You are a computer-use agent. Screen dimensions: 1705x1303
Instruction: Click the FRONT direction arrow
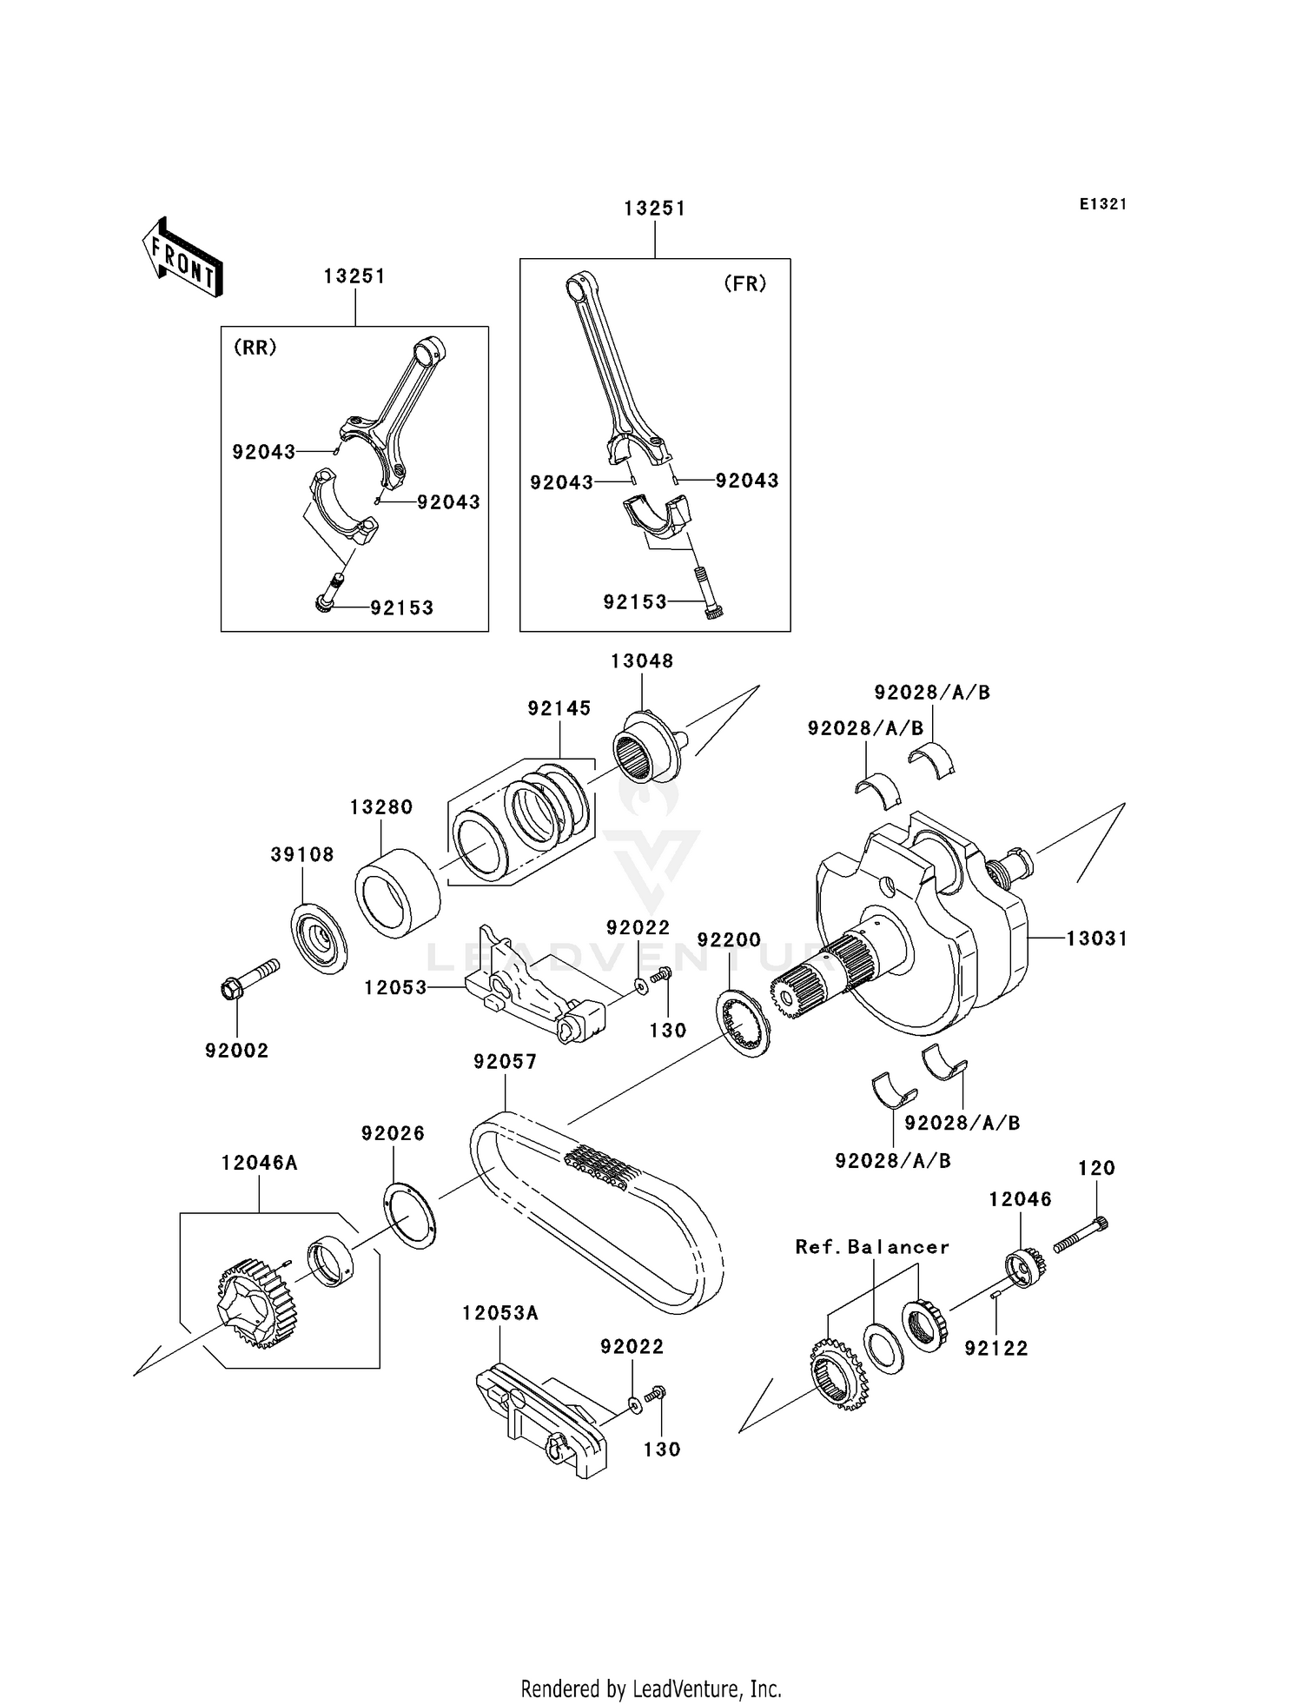click(182, 259)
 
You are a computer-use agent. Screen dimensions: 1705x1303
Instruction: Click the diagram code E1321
click(1102, 204)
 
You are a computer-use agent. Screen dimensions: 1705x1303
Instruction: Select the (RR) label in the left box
click(255, 348)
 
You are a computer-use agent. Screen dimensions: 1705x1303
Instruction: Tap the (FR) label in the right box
click(744, 284)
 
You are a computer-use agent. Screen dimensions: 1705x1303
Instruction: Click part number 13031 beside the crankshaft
click(1096, 939)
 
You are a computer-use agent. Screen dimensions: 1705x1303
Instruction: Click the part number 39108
click(301, 854)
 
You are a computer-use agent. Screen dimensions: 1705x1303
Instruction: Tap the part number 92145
click(559, 708)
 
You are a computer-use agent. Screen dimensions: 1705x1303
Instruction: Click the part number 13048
click(641, 660)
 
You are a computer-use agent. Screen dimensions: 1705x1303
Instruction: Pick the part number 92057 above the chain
click(505, 1061)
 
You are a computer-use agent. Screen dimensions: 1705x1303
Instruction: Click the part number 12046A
click(259, 1163)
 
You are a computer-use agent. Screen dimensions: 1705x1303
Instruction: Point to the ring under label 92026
click(408, 1214)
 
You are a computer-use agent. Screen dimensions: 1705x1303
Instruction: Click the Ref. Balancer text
click(871, 1247)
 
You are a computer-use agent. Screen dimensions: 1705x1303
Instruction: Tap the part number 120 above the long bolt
click(1095, 1168)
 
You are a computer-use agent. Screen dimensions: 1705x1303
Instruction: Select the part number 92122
click(995, 1348)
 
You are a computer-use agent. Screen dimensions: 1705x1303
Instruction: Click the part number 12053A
click(499, 1313)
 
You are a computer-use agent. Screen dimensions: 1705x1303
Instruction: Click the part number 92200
click(729, 939)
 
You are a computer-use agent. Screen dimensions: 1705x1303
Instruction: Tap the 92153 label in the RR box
click(401, 607)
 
